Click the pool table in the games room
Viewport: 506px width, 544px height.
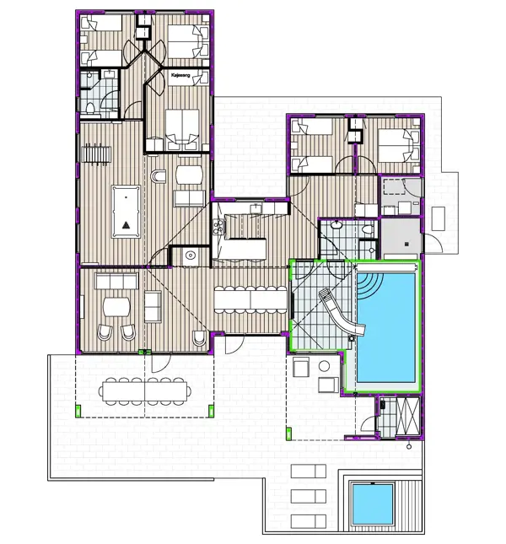(x=126, y=207)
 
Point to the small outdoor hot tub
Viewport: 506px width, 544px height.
(x=371, y=503)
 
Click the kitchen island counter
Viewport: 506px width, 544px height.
(x=243, y=249)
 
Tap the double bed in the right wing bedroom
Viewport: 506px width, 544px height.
(x=396, y=146)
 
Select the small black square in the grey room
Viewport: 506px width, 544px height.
(x=407, y=245)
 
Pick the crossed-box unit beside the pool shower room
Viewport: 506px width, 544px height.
(x=408, y=415)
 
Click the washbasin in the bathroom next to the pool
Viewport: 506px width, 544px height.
(x=336, y=224)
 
